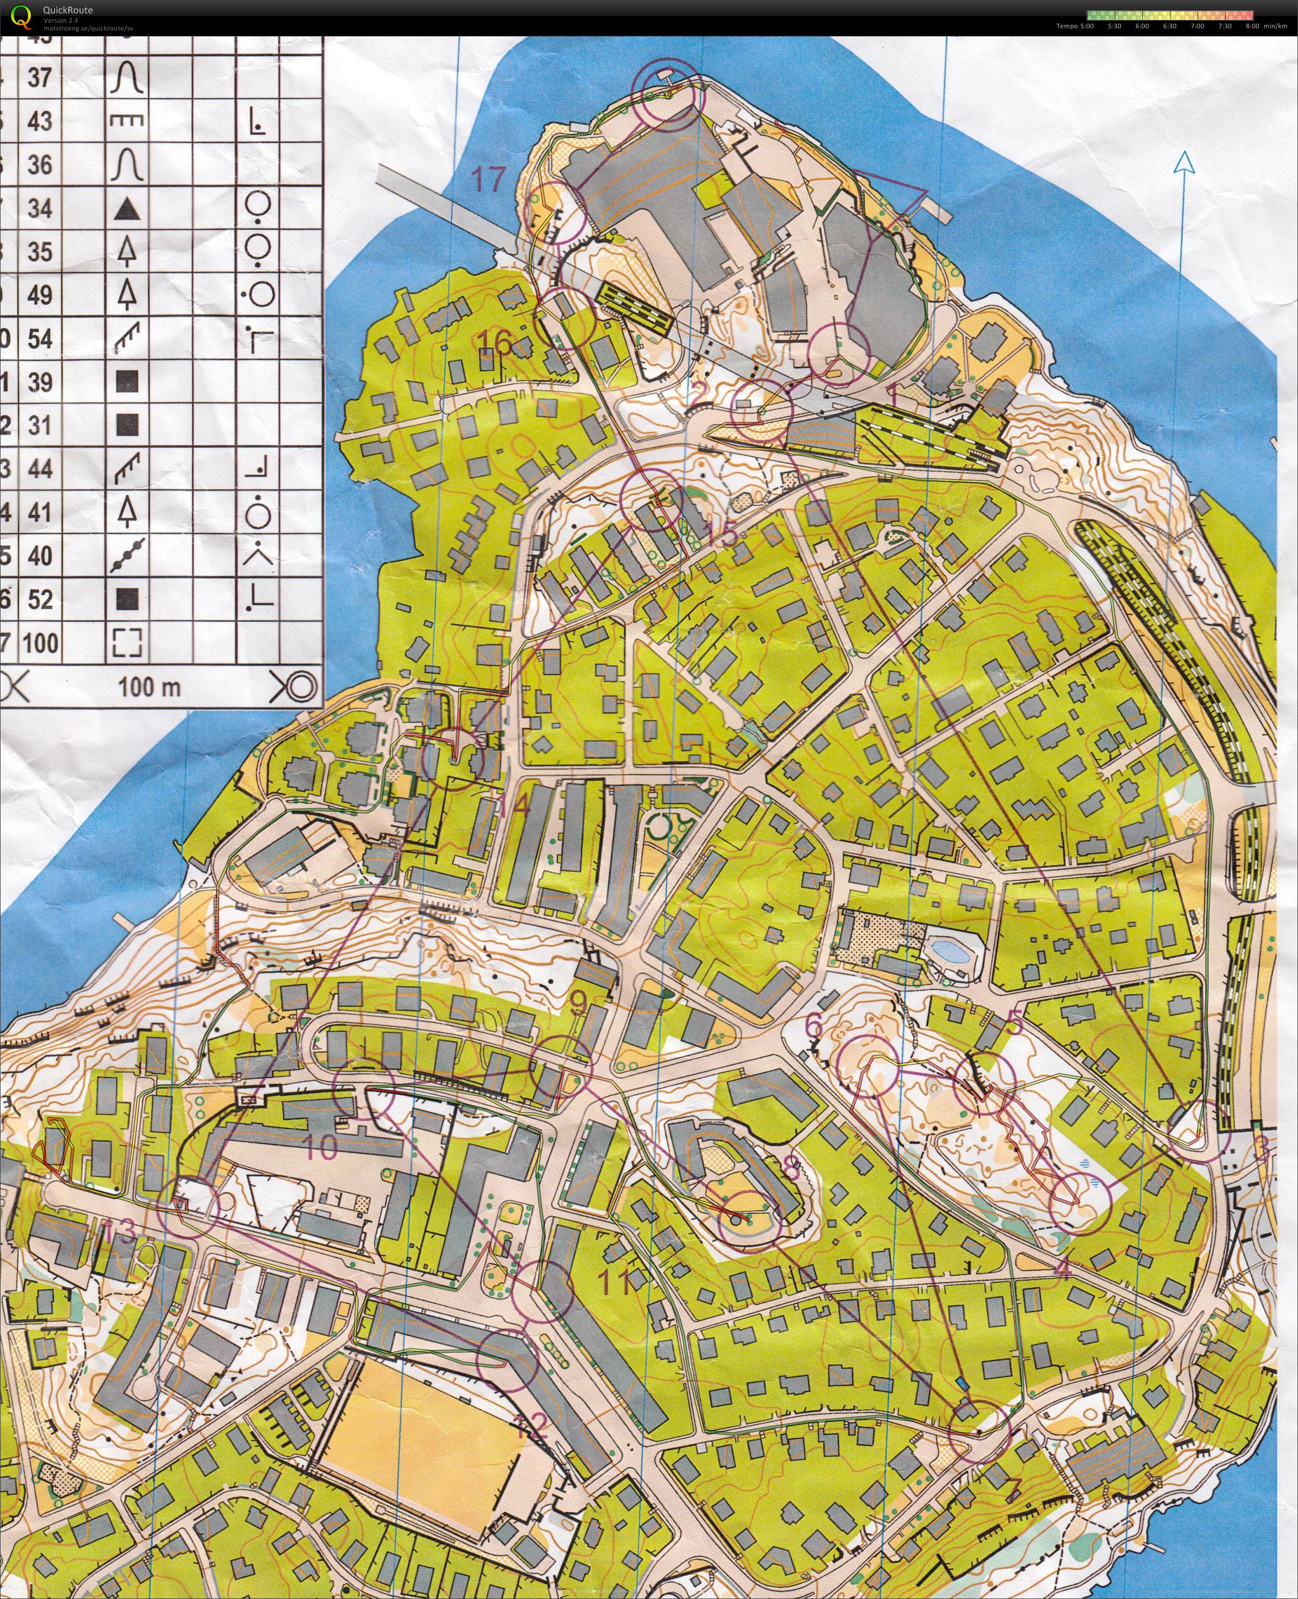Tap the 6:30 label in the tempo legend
[1169, 26]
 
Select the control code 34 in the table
[40, 209]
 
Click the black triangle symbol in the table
[126, 209]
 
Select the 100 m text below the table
[150, 687]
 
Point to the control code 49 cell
[40, 295]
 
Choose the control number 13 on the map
[120, 1231]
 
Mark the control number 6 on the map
[813, 1026]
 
